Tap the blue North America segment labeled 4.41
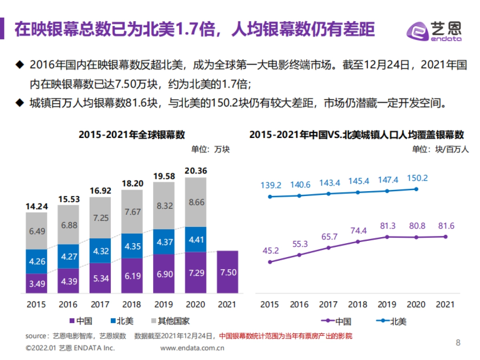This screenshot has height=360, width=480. (x=196, y=239)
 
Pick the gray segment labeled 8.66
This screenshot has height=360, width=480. (x=196, y=202)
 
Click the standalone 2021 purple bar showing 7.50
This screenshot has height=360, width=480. (x=228, y=272)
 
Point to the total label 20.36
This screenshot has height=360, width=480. (x=196, y=171)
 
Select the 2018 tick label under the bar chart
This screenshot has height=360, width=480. (x=132, y=304)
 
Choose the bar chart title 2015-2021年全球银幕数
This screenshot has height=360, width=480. (x=132, y=135)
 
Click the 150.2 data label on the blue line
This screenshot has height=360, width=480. (x=417, y=178)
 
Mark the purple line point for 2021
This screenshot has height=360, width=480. (x=445, y=236)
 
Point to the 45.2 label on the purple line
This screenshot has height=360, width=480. (x=270, y=250)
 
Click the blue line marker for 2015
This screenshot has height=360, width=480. (x=270, y=196)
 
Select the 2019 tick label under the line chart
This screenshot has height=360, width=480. (x=387, y=304)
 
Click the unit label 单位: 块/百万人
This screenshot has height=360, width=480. (x=440, y=149)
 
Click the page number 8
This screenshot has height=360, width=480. (x=458, y=342)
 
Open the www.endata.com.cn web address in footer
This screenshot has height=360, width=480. (x=192, y=348)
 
